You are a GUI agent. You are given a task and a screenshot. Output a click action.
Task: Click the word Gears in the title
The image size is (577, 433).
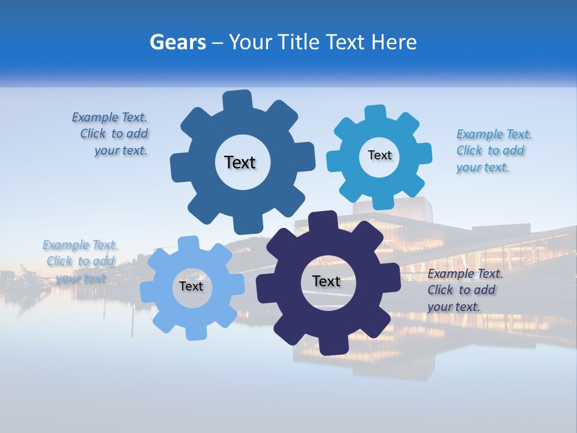tap(177, 42)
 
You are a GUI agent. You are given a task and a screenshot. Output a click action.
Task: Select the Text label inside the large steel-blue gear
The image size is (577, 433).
tap(240, 162)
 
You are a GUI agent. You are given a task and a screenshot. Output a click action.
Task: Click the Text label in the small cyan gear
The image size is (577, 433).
tap(379, 155)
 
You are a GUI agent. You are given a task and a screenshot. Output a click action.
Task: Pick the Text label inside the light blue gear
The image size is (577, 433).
tap(191, 286)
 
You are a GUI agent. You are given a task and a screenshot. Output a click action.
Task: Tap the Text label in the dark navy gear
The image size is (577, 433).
tap(326, 281)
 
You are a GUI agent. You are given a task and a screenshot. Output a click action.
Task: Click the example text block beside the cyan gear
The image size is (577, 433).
tap(493, 151)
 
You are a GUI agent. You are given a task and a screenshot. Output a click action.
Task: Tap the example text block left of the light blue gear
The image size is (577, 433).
tap(80, 262)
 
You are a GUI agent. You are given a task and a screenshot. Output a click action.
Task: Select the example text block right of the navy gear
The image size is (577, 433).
tap(465, 290)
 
